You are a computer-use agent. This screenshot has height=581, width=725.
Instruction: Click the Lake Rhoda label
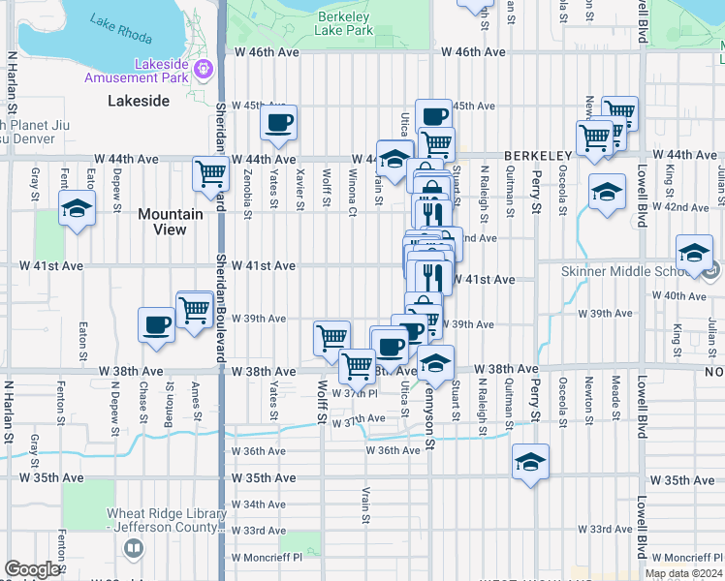coord(120,28)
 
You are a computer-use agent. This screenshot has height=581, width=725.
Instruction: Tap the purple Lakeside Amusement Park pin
coord(204,69)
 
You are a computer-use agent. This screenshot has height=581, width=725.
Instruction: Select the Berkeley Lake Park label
coord(344,23)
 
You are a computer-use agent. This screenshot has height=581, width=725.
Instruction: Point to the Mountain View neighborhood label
coord(170,222)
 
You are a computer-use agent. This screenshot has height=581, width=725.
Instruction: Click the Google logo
coord(32,569)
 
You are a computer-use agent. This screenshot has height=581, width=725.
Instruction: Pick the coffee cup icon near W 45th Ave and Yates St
coord(278,123)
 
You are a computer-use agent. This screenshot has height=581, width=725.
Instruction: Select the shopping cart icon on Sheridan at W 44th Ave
coord(210,174)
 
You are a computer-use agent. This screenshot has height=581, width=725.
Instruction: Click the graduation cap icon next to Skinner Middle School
coord(694,253)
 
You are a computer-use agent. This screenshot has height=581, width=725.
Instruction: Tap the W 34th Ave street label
coord(259,505)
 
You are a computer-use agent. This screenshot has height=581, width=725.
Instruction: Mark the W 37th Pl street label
coord(354,393)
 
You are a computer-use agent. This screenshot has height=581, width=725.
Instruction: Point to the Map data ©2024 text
coord(683,573)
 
